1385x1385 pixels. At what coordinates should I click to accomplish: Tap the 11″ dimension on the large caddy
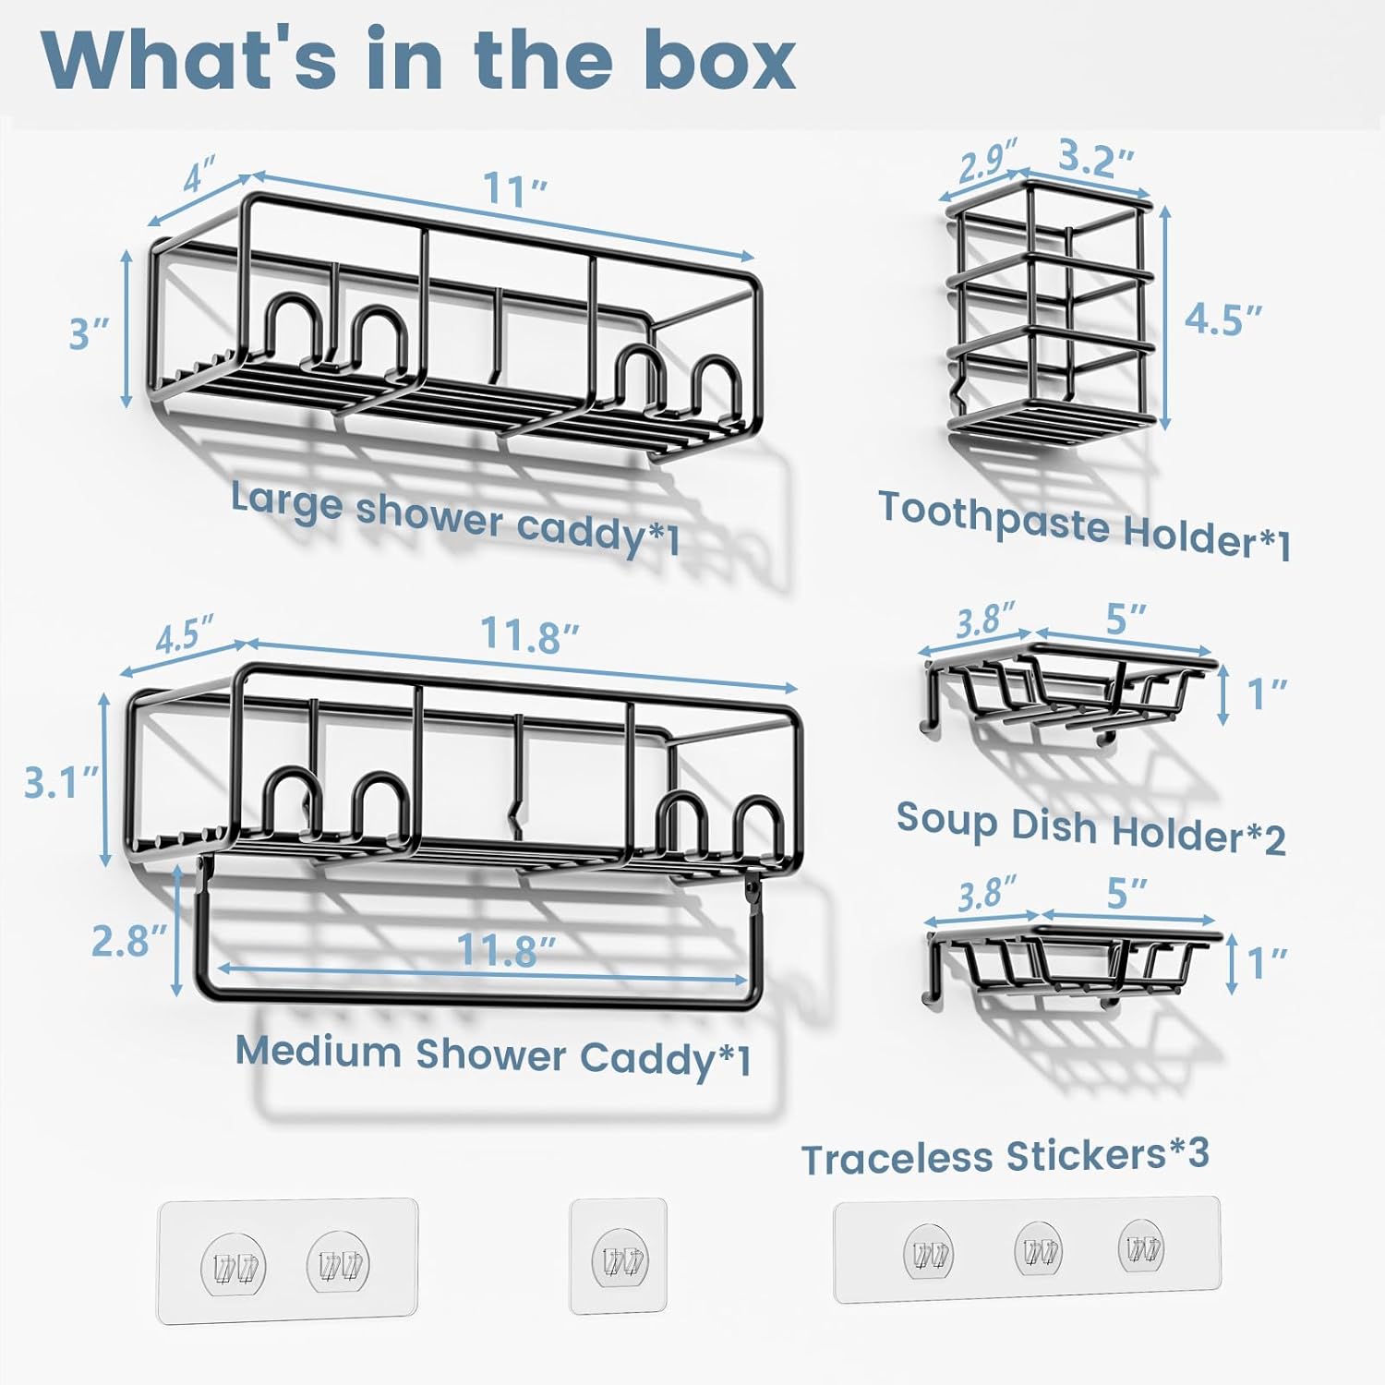(x=516, y=191)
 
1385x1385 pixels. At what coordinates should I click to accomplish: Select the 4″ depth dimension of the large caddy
(x=200, y=175)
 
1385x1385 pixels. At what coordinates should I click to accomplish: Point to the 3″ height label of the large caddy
(x=90, y=331)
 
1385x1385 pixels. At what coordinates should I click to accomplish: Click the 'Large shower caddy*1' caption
(x=456, y=518)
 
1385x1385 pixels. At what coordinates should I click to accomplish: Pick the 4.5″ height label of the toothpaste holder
(x=1223, y=319)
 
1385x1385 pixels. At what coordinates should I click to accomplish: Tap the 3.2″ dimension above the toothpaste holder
(x=1096, y=159)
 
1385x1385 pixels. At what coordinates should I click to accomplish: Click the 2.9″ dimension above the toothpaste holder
(x=988, y=161)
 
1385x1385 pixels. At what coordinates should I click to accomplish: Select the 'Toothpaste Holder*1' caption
(x=1085, y=525)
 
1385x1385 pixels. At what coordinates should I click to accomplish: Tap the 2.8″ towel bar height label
(x=130, y=941)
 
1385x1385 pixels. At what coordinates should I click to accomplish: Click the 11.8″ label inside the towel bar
(x=507, y=950)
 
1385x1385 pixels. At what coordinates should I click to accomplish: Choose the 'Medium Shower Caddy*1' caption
(x=494, y=1055)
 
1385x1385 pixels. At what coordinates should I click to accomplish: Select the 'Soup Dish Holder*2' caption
(x=1091, y=827)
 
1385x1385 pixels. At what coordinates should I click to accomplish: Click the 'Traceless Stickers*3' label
(x=1006, y=1156)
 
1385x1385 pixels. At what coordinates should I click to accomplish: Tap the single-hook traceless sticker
(x=619, y=1256)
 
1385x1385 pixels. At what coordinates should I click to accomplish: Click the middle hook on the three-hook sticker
(x=1038, y=1249)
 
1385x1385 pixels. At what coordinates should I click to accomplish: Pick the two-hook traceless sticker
(x=288, y=1261)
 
